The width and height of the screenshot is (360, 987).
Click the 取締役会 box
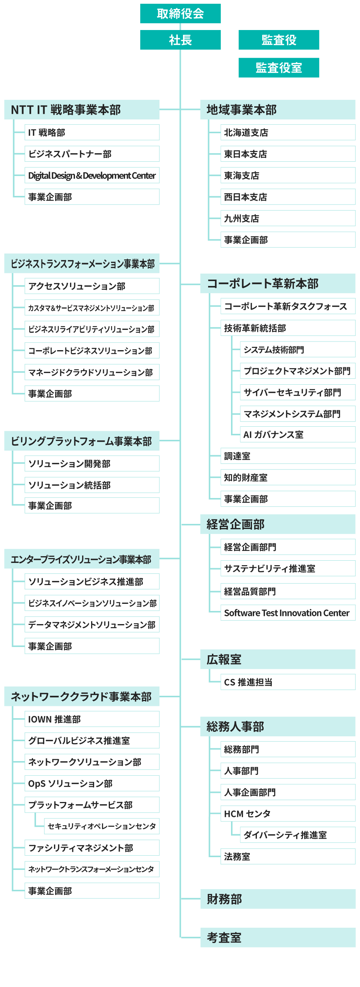pyautogui.click(x=180, y=14)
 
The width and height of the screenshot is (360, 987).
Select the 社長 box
pyautogui.click(x=180, y=40)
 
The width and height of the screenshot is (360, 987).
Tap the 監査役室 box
pyautogui.click(x=279, y=68)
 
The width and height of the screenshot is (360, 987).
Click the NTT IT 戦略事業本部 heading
pyautogui.click(x=82, y=110)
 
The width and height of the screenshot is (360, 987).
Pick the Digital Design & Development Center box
pyautogui.click(x=92, y=176)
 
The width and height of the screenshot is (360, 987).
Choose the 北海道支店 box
pyautogui.click(x=288, y=132)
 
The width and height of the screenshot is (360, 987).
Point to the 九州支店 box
pyautogui.click(x=288, y=218)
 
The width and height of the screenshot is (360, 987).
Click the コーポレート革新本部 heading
pyautogui.click(x=278, y=284)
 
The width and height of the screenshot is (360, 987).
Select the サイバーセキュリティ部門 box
pyautogui.click(x=298, y=392)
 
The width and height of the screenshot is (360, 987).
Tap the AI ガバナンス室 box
pyautogui.click(x=298, y=435)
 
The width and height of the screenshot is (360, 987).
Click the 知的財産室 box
pyautogui.click(x=288, y=477)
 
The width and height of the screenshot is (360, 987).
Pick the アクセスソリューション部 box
pyautogui.click(x=92, y=286)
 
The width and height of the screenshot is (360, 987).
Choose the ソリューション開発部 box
pyautogui.click(x=92, y=463)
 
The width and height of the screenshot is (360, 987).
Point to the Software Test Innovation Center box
pyautogui.click(x=288, y=613)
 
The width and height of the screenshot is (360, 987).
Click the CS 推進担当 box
pyautogui.click(x=288, y=682)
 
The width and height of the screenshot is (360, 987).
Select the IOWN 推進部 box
pyautogui.click(x=92, y=719)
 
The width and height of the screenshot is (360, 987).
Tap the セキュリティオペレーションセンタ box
pyautogui.click(x=102, y=826)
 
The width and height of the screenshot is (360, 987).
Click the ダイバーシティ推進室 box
pyautogui.click(x=298, y=835)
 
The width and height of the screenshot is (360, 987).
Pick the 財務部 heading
pyautogui.click(x=278, y=899)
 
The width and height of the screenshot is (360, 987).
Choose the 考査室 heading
pyautogui.click(x=278, y=937)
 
